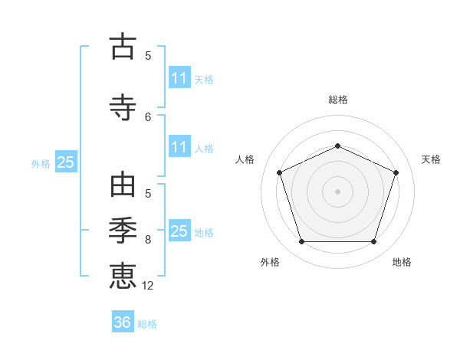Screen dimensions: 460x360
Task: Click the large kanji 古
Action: [x=123, y=46]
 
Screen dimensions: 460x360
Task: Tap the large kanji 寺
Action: [x=123, y=107]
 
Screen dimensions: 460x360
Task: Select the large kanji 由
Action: [x=123, y=185]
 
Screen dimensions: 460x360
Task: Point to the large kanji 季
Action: [x=123, y=230]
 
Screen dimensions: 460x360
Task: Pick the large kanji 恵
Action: [x=123, y=276]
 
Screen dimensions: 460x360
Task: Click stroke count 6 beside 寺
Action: [x=148, y=117]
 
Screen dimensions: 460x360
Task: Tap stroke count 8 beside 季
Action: [x=148, y=240]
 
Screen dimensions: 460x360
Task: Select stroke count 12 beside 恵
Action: [x=147, y=286]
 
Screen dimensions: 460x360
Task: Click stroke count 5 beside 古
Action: [x=148, y=56]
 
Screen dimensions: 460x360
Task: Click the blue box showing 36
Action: [x=123, y=321]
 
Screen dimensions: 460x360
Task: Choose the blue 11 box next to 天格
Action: [x=180, y=77]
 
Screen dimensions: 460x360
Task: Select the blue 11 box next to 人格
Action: [x=180, y=146]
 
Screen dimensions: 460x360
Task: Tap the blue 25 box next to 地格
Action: [x=180, y=230]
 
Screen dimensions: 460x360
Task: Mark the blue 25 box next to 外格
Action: [x=66, y=162]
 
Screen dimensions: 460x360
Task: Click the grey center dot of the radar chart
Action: [x=337, y=191]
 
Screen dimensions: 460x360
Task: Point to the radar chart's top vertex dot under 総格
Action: [x=337, y=146]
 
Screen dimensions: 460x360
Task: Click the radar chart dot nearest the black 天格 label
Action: [x=396, y=172]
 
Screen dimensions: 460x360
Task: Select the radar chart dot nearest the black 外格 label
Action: [x=302, y=241]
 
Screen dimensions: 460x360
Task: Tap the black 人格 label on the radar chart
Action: [x=245, y=159]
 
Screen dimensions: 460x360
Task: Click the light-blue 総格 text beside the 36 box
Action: [x=147, y=324]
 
